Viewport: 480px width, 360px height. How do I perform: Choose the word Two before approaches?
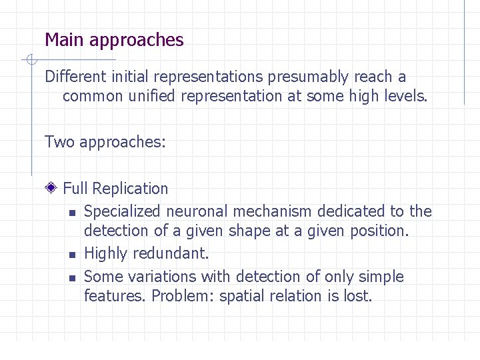pyautogui.click(x=59, y=142)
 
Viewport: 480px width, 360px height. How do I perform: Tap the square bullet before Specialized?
pyautogui.click(x=71, y=213)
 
